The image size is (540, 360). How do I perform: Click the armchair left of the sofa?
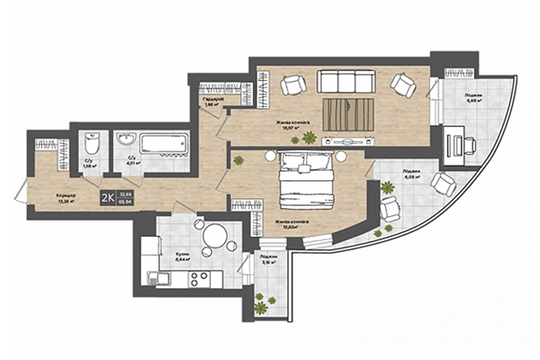point(292,85)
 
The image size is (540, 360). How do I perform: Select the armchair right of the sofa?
point(402,85)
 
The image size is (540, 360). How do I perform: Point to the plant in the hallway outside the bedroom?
point(239,160)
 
